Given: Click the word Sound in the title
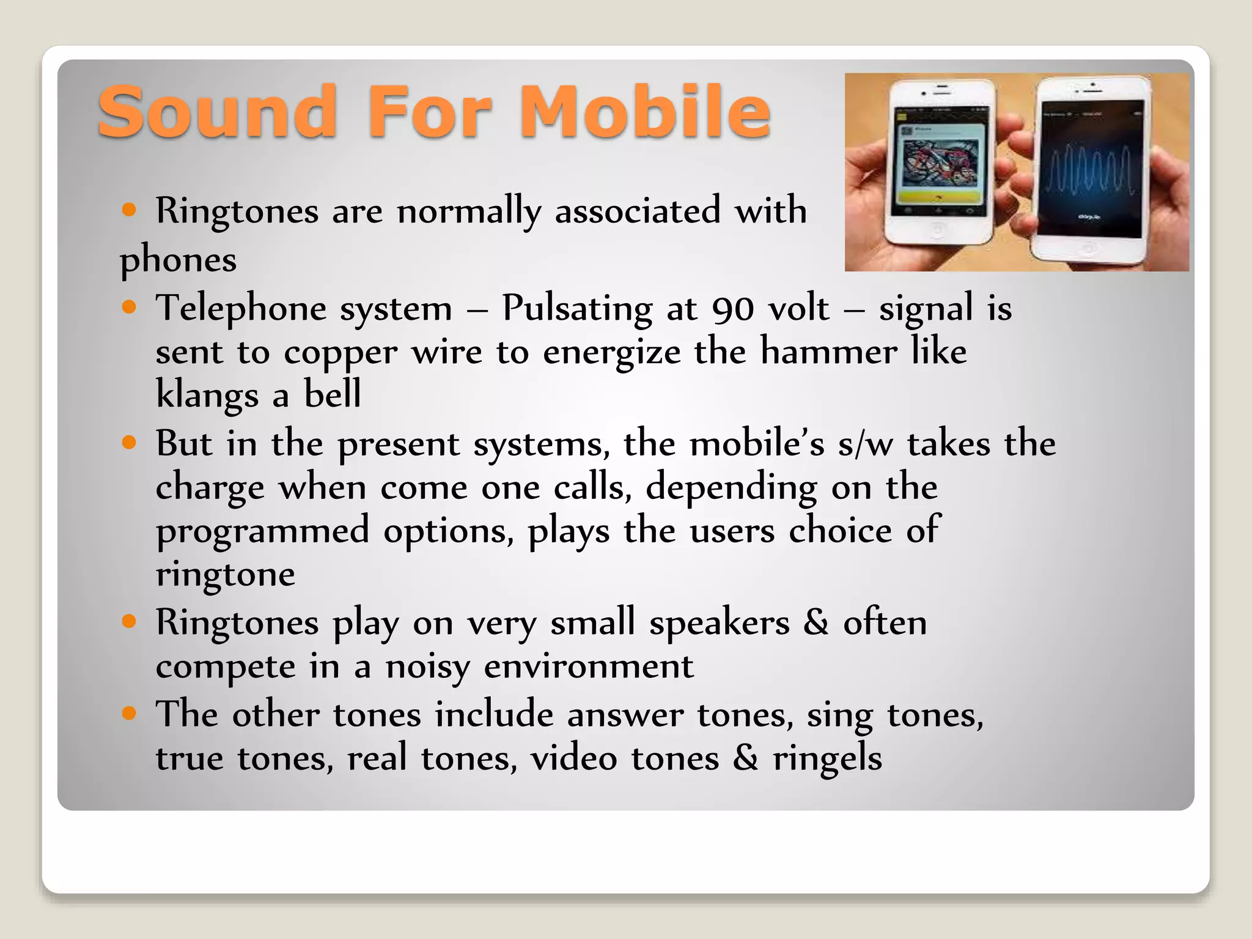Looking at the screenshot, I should click(218, 111).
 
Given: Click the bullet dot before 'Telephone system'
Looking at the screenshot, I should click(129, 306).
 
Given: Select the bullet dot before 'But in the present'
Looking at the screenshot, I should click(129, 442).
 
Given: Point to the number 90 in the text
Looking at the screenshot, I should click(733, 308).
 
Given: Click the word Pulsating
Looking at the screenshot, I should click(577, 309).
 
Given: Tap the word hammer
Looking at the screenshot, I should click(828, 352).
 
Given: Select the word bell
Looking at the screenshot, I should click(333, 394).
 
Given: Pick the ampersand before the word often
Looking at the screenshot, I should click(816, 623).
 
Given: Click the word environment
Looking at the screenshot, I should click(589, 666).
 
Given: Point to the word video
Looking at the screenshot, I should click(573, 759).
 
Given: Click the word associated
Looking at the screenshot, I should click(638, 211).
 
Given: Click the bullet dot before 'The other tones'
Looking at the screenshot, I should click(129, 713).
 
